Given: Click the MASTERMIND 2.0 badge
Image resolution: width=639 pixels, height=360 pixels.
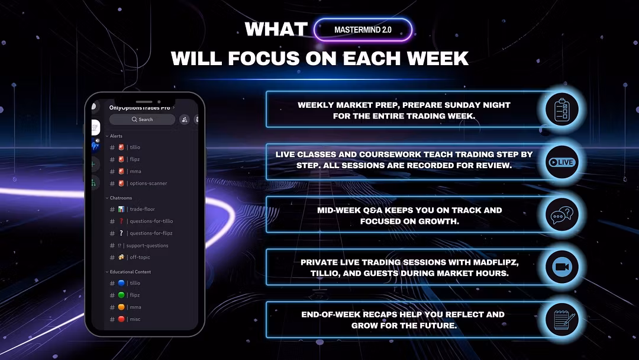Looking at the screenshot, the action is point(363,30).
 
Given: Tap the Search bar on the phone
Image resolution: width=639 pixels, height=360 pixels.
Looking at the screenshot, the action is point(142,120).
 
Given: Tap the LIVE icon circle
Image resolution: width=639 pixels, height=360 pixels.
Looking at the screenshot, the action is point(562,162).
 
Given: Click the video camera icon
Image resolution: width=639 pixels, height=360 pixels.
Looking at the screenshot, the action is point(562,267).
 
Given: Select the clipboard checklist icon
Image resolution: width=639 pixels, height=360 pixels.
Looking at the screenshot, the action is point(562,110).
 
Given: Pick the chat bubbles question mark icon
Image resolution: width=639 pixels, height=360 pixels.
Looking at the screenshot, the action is point(562,214).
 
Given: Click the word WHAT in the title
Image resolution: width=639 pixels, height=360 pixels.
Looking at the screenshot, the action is point(276,30).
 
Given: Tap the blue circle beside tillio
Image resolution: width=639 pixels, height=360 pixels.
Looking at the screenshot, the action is point(121,283).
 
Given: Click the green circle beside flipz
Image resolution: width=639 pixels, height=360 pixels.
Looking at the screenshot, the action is point(121,295).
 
